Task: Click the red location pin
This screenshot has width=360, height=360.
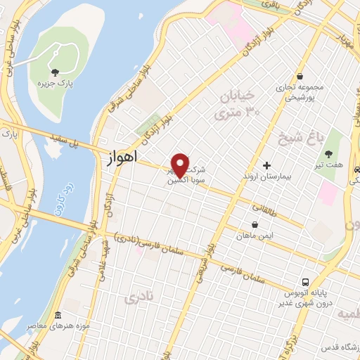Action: [181, 165]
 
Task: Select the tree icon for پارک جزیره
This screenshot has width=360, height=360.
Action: [55, 71]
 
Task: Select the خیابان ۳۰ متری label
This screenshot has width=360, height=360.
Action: [237, 103]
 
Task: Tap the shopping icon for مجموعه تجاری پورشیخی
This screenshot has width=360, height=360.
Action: [300, 77]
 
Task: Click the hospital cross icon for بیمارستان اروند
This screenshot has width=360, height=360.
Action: [266, 166]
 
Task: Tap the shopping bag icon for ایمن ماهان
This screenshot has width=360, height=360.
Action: [254, 225]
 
